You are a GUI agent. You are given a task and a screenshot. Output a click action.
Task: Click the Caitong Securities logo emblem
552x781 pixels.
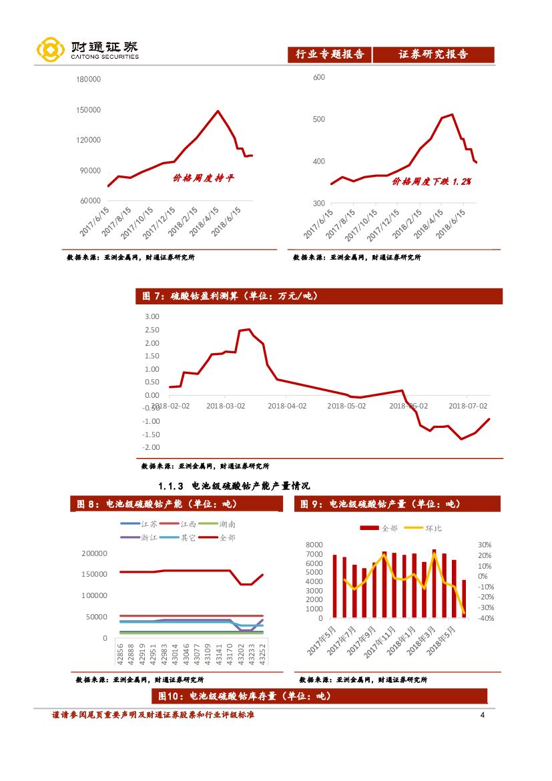51,50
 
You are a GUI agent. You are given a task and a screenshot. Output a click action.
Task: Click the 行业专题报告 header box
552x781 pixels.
330,55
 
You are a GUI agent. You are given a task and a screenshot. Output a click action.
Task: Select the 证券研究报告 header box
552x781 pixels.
433,55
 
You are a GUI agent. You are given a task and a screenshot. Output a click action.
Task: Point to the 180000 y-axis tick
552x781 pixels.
88,79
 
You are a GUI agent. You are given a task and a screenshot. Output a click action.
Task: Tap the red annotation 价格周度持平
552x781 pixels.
204,178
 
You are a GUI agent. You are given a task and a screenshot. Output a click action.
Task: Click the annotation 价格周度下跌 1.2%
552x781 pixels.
431,181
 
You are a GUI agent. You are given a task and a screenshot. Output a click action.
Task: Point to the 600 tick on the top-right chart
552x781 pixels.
318,77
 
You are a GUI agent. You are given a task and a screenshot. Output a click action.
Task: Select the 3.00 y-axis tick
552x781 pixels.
152,316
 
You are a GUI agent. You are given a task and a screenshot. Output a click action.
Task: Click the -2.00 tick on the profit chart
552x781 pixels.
150,447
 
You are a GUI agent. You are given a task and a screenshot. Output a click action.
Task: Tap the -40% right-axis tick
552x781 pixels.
485,618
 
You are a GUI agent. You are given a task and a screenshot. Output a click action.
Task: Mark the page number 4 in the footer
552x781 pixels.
482,716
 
